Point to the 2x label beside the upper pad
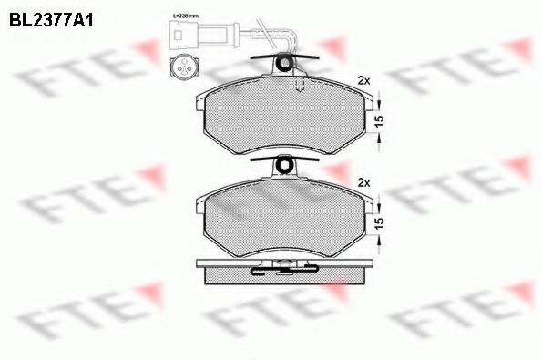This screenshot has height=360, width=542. tap(364, 80)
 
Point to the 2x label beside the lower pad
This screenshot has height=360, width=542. tap(364, 182)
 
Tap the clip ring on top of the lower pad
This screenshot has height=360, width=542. tap(285, 167)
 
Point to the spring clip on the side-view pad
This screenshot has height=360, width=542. tap(284, 268)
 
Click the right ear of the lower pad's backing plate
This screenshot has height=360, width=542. tap(370, 205)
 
